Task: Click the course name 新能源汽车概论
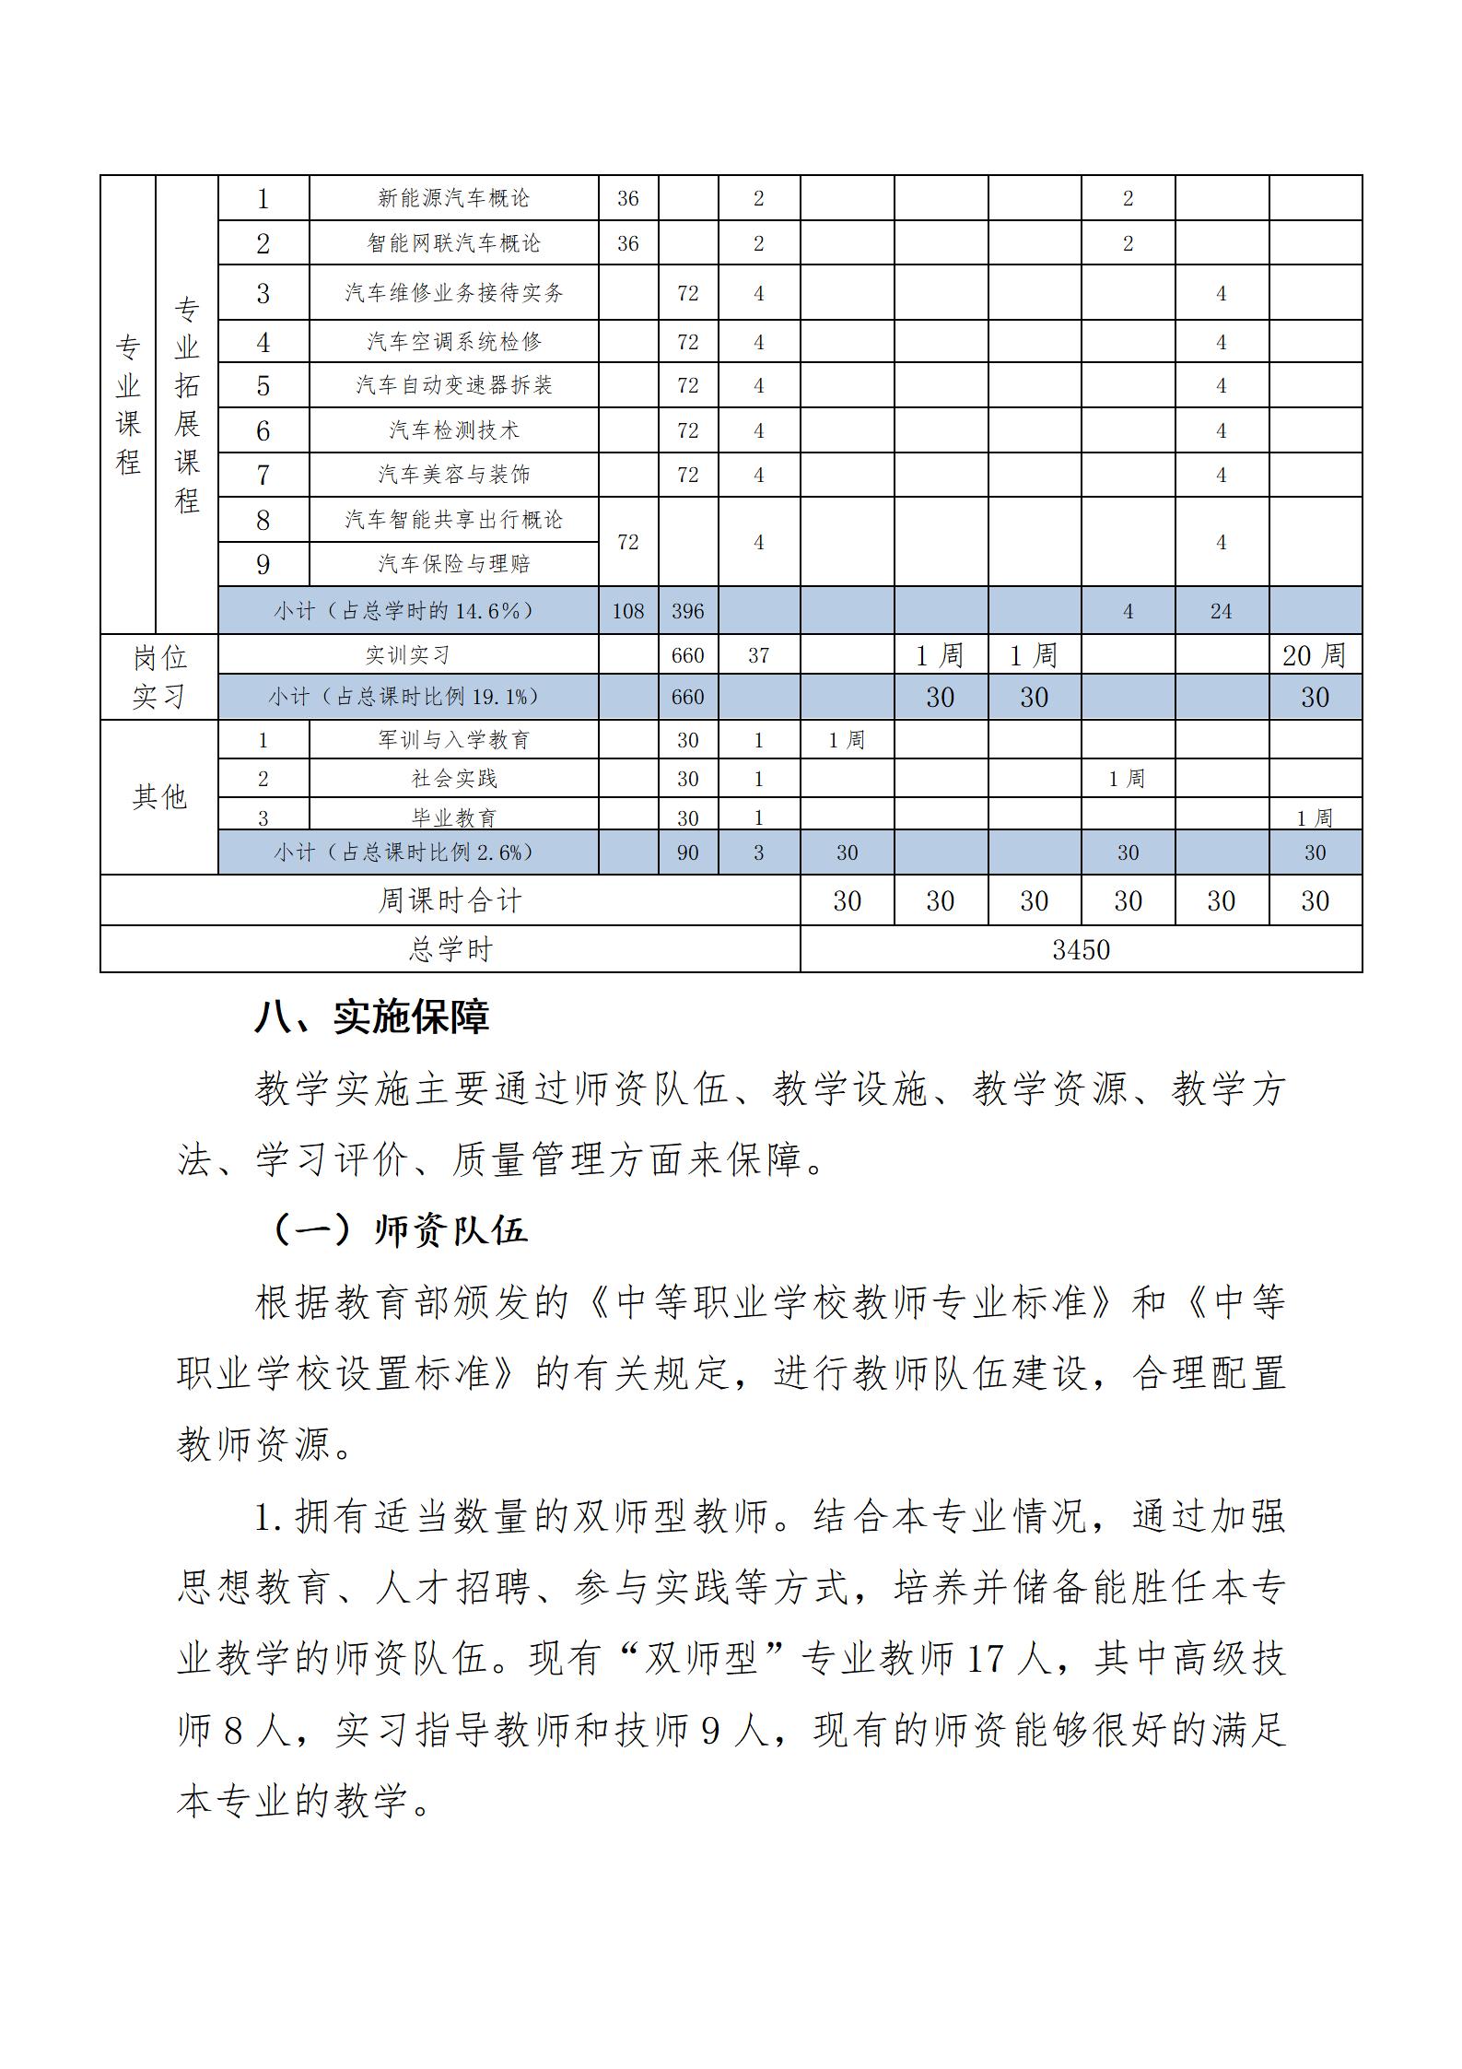tap(453, 197)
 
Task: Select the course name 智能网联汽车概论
tap(453, 243)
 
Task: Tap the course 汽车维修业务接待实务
tap(453, 293)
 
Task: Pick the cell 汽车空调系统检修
tap(453, 342)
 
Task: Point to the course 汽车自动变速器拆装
tap(453, 385)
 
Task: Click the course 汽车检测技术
tap(453, 430)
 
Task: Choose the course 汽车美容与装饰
tap(453, 475)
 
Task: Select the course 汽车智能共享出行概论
tap(453, 520)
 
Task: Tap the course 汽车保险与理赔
tap(453, 564)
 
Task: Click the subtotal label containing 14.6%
tap(404, 611)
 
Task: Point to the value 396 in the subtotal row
tap(687, 611)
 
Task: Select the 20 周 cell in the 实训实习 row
tap(1314, 655)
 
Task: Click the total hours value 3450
tap(1081, 949)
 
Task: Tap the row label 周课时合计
tap(450, 900)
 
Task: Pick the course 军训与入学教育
tap(453, 740)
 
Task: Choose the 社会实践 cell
tap(453, 779)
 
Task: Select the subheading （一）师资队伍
tap(398, 1230)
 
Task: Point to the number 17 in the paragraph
tap(985, 1658)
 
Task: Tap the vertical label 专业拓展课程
tap(187, 405)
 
